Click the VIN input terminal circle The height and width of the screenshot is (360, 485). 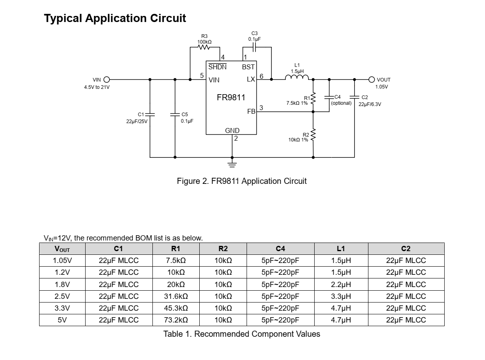pyautogui.click(x=107, y=80)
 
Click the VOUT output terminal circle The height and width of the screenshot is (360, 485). pyautogui.click(x=372, y=80)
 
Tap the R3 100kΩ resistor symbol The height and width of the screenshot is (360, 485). pyautogui.click(x=204, y=47)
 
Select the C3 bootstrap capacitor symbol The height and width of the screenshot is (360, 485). pyautogui.click(x=254, y=47)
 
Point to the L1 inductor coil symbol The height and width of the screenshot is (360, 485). pyautogui.click(x=297, y=78)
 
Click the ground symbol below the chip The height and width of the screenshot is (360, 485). pyautogui.click(x=232, y=164)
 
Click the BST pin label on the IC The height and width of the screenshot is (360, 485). pyautogui.click(x=248, y=67)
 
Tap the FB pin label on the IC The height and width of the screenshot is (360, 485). pyautogui.click(x=251, y=111)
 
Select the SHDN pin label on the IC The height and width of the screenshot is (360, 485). pyautogui.click(x=217, y=67)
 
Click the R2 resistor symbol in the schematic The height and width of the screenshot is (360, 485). pyautogui.click(x=313, y=136)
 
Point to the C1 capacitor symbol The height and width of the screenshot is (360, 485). pyautogui.click(x=150, y=115)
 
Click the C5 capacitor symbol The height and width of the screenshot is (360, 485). pyautogui.click(x=175, y=115)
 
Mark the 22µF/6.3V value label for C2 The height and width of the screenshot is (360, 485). pyautogui.click(x=370, y=104)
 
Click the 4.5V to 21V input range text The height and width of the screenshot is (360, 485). pyautogui.click(x=97, y=87)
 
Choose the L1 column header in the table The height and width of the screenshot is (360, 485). pyautogui.click(x=341, y=249)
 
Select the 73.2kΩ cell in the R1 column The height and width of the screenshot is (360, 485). pyautogui.click(x=176, y=320)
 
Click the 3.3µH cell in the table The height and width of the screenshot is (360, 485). pyautogui.click(x=341, y=296)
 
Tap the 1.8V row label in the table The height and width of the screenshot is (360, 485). pyautogui.click(x=62, y=285)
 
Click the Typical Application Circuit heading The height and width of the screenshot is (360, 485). pyautogui.click(x=115, y=18)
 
